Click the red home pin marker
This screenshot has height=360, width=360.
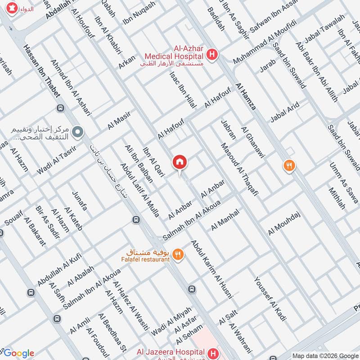pyautogui.click(x=179, y=162)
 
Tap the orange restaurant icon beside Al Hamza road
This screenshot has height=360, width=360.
pyautogui.click(x=288, y=166)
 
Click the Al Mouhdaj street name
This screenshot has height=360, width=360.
pyautogui.click(x=284, y=223)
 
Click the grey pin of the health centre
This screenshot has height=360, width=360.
pyautogui.click(x=78, y=132)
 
